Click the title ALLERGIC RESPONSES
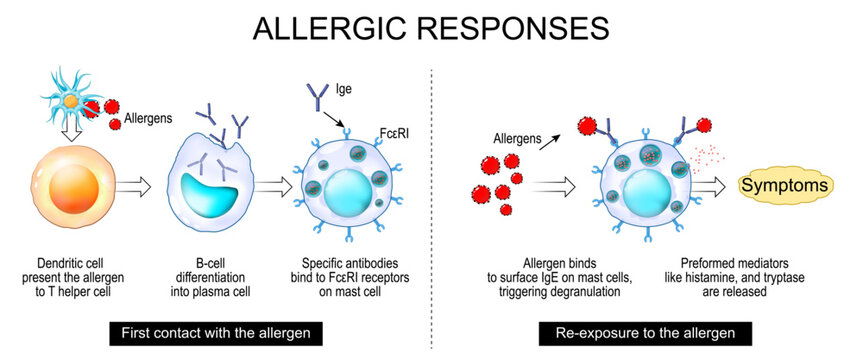click(x=431, y=27)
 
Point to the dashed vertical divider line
click(x=431, y=200)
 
